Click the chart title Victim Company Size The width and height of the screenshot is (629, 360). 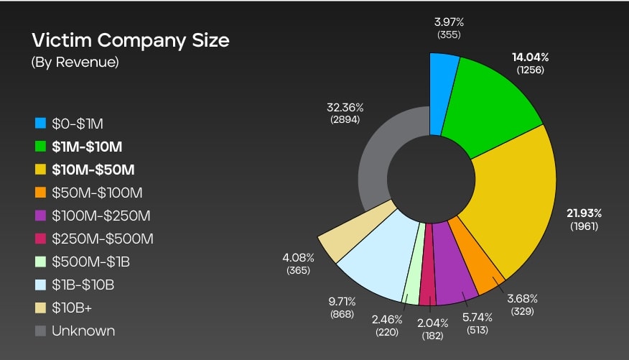[x=130, y=40]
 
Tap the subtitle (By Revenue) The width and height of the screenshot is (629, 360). [x=75, y=63]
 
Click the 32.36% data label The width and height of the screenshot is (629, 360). [x=345, y=107]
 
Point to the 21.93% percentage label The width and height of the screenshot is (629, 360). [x=583, y=213]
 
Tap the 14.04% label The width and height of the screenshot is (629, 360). [x=531, y=57]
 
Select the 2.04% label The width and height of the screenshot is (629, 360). [x=433, y=322]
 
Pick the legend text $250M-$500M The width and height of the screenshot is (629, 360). [x=103, y=239]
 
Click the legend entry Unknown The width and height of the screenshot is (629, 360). [x=83, y=331]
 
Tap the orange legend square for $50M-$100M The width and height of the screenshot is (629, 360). [x=40, y=193]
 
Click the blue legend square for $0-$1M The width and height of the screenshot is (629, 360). [x=40, y=124]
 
